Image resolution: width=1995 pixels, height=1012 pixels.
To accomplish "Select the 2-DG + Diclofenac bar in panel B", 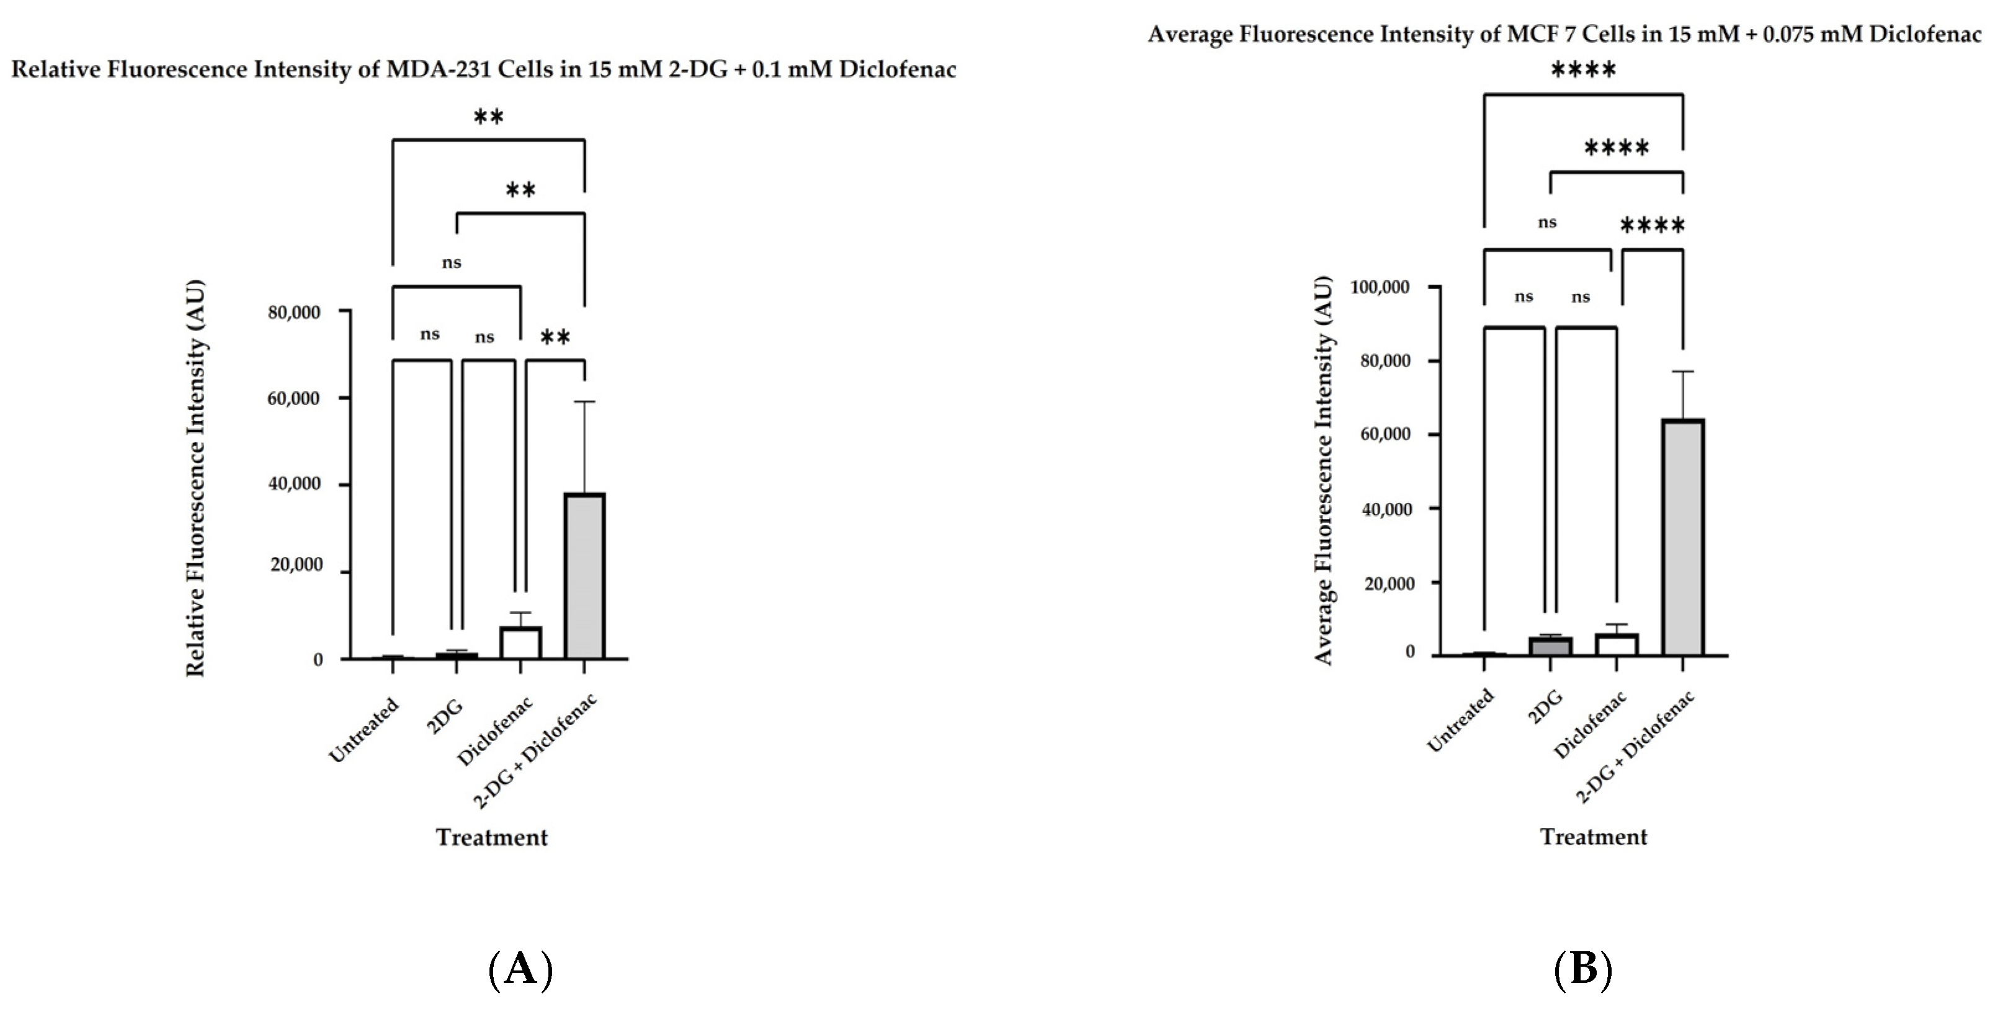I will click(1682, 538).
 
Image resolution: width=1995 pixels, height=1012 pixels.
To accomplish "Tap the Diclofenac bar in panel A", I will click(520, 642).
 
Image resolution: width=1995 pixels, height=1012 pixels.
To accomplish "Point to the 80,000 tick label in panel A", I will click(294, 312).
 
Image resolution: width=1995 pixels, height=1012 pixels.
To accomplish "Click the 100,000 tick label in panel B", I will click(1380, 287).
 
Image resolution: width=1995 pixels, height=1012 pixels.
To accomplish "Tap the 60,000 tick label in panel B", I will click(1385, 434).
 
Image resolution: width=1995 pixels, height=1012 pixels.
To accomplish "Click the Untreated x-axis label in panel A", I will click(364, 729).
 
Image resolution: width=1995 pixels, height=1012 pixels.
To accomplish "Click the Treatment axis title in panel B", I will click(1593, 837).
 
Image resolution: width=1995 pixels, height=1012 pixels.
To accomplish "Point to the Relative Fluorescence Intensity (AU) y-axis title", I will click(196, 477).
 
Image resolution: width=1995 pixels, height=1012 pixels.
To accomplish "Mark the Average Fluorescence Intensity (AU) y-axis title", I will click(1324, 470).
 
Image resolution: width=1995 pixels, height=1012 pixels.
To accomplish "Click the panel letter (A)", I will click(520, 969).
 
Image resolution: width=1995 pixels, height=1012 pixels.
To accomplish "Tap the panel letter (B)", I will click(1583, 969).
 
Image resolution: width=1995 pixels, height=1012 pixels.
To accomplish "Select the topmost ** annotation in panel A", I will click(489, 118).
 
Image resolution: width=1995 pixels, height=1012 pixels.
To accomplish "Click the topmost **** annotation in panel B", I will click(1583, 71).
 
